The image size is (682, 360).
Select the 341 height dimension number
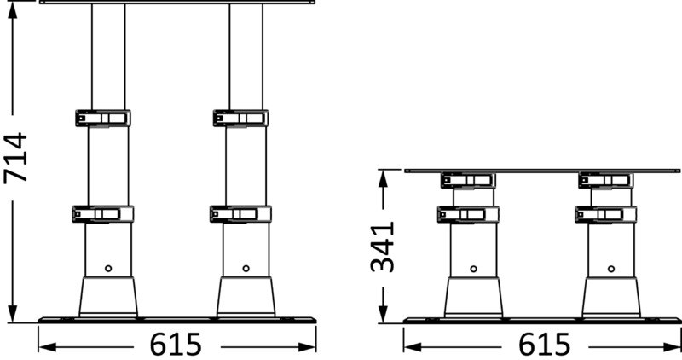382,247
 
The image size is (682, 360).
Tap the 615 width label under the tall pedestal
176,345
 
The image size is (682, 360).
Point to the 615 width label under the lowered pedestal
542,345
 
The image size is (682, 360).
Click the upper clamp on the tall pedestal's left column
101,118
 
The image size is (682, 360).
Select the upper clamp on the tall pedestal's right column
240,118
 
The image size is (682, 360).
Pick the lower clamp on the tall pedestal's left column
100,214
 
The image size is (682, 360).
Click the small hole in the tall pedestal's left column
108,268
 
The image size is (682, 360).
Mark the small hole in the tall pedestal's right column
246,268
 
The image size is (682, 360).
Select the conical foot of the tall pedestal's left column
108,297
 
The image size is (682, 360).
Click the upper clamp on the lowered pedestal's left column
467,180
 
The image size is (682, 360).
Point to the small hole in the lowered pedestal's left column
474,269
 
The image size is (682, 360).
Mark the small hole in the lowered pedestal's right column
611,269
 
